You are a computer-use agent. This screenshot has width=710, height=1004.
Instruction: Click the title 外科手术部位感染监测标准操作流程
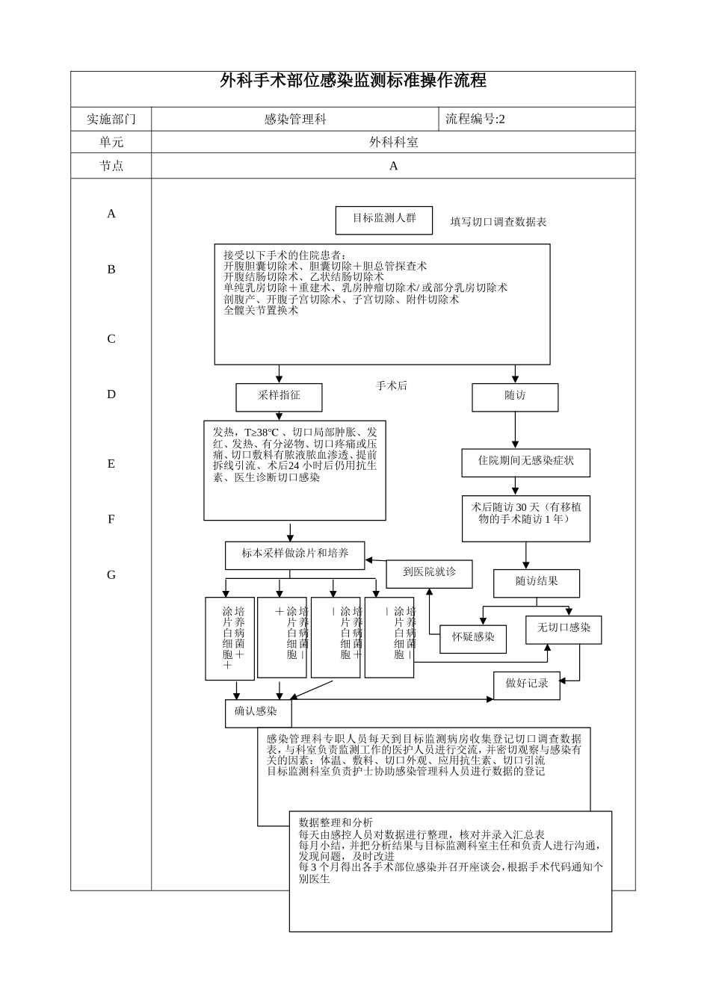pos(353,81)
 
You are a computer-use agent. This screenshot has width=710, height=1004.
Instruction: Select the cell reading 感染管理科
pos(295,119)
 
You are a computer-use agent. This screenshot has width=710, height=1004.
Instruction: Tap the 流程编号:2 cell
pos(475,119)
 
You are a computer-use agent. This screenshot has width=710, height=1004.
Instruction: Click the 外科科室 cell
pos(393,142)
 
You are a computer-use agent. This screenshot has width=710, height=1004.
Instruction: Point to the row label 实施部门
pos(111,119)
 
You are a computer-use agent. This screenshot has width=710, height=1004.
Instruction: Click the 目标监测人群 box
pos(384,219)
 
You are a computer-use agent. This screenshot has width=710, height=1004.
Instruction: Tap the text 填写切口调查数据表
pos(498,222)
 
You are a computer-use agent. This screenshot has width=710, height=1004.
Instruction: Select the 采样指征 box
pos(279,397)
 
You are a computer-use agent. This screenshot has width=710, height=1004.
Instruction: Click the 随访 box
pos(515,397)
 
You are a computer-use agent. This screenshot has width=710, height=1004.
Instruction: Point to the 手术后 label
pos(392,386)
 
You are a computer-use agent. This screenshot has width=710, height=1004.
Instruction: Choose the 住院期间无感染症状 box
pos(526,462)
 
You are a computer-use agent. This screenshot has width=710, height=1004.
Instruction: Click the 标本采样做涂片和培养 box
pos(294,554)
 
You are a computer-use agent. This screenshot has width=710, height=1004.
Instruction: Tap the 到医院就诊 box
pos(429,573)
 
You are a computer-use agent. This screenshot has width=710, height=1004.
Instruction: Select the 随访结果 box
pos(537,583)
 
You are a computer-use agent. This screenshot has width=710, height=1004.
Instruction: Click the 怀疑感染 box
pos(473,638)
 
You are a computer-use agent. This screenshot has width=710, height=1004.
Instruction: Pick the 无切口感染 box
pos(564,629)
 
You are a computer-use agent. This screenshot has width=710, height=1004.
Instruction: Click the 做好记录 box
pos(526,684)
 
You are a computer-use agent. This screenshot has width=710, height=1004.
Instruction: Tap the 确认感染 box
pos(256,713)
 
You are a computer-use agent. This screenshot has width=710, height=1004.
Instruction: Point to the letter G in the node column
pos(111,575)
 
